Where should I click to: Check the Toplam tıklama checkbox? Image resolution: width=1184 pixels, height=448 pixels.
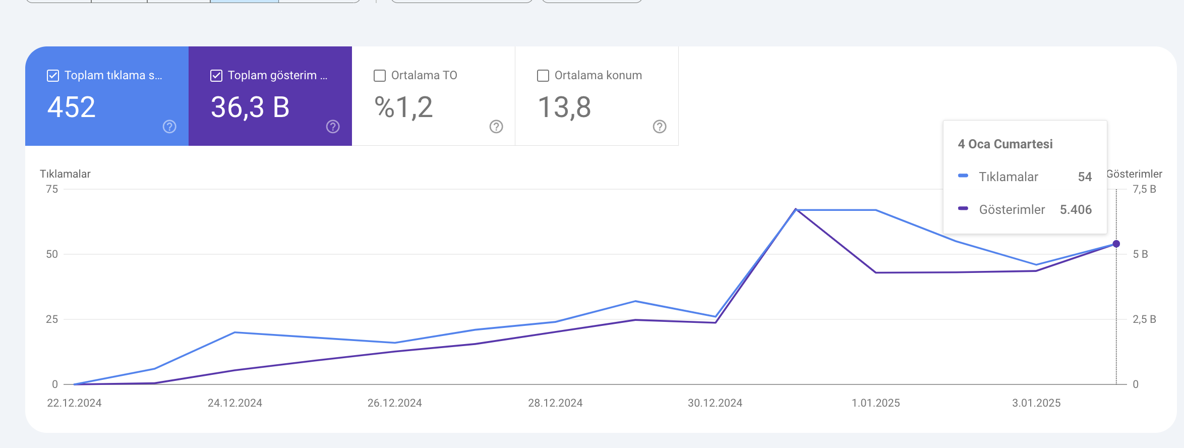(x=53, y=76)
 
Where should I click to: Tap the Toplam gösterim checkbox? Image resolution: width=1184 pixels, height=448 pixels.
(x=216, y=76)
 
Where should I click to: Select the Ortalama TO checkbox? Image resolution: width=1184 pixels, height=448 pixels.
(x=380, y=76)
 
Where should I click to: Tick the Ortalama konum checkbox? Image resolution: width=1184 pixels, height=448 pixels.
(x=543, y=76)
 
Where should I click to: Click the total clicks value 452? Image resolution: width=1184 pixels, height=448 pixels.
(x=72, y=107)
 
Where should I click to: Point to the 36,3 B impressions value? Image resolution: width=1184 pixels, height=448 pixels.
(x=250, y=107)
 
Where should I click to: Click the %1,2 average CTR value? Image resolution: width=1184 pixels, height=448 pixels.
(x=403, y=107)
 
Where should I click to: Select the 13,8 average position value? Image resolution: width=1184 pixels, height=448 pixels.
(x=564, y=107)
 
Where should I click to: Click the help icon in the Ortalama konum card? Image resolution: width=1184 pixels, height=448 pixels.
(x=660, y=127)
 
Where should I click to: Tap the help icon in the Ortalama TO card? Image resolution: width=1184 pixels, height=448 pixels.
(x=496, y=127)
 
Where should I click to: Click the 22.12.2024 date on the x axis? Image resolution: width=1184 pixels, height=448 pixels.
(x=74, y=403)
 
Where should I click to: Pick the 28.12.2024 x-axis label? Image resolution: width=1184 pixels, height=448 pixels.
(x=555, y=403)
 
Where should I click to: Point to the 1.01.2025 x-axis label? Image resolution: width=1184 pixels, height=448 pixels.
(x=876, y=403)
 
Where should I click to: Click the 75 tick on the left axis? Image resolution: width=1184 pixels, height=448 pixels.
(x=52, y=189)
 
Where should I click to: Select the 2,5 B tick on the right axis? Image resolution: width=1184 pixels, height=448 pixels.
(x=1144, y=319)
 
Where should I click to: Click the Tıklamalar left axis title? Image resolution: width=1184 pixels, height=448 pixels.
(x=65, y=174)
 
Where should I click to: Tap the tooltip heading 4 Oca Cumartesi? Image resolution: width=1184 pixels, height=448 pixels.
(x=1005, y=144)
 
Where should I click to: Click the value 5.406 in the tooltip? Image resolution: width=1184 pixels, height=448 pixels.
(x=1076, y=210)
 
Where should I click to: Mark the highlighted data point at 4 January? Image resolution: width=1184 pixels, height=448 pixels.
(x=1116, y=244)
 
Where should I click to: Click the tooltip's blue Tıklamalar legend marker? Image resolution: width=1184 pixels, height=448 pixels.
(x=963, y=176)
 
